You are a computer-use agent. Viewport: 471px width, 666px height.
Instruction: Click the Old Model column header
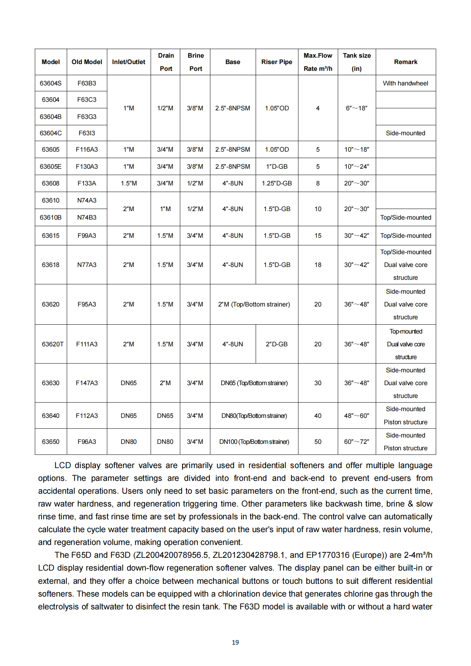[87, 62]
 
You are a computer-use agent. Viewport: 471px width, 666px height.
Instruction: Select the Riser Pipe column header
[277, 62]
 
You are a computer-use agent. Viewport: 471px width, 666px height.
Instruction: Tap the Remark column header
[405, 62]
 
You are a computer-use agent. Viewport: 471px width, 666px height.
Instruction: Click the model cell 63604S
[51, 83]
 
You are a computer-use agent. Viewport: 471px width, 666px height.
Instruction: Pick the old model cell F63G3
[87, 117]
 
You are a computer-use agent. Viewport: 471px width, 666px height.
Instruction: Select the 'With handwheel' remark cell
[405, 83]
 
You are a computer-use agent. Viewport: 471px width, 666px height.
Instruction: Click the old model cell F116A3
[87, 150]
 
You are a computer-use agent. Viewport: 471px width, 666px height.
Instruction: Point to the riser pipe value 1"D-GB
[277, 167]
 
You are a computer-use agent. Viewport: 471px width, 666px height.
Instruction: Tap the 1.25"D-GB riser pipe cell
[277, 183]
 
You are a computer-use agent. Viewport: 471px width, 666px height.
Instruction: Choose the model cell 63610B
[51, 217]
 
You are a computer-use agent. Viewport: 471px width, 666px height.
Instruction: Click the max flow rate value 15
[318, 236]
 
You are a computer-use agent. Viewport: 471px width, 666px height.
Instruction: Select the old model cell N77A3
[87, 265]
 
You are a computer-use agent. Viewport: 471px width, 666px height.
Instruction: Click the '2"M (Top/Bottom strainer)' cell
[254, 304]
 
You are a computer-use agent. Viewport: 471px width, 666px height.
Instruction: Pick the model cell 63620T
[52, 344]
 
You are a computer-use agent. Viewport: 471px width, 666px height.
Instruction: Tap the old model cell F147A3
[87, 383]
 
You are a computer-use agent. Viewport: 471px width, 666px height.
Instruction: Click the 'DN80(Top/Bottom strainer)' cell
[254, 416]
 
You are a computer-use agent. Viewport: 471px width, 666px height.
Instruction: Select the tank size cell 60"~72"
[356, 442]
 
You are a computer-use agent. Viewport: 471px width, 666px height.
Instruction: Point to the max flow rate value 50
[318, 442]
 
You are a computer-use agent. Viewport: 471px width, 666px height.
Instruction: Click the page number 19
[235, 643]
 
